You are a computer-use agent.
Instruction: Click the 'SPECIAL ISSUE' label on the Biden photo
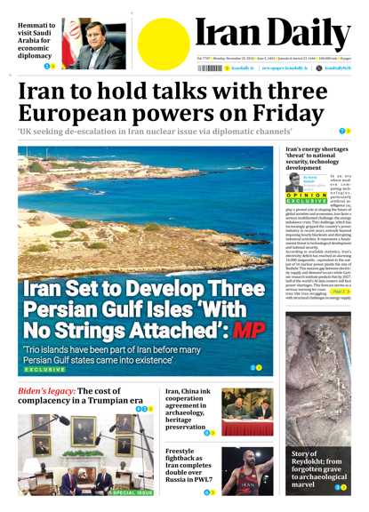point(132,492)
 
